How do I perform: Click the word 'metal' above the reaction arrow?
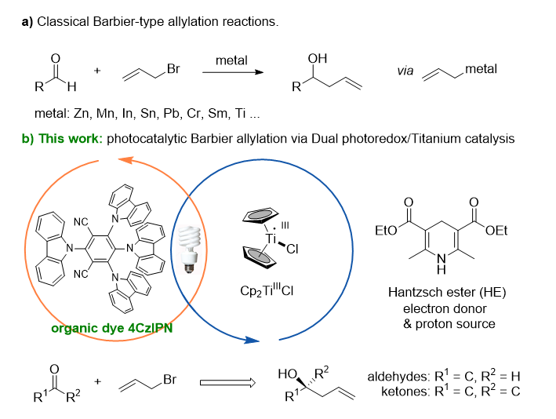pyautogui.click(x=231, y=60)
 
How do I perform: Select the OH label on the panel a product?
pyautogui.click(x=318, y=59)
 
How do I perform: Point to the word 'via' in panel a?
pyautogui.click(x=407, y=71)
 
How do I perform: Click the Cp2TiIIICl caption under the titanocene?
pyautogui.click(x=274, y=290)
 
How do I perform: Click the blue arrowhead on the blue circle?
pyautogui.click(x=250, y=341)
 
